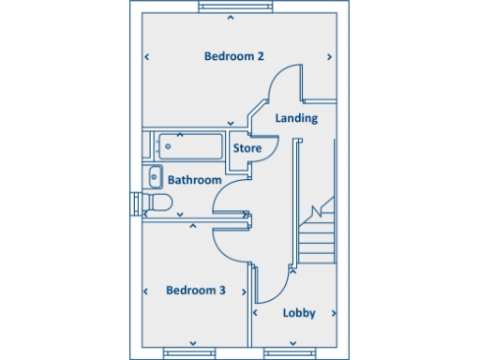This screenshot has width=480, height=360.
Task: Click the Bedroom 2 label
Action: coord(233,56)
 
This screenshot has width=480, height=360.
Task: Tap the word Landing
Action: coord(296,118)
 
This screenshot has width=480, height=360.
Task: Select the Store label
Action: coord(247,148)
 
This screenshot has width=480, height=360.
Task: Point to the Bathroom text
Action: coord(194,179)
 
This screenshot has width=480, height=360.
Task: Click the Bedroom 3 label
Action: coord(195,291)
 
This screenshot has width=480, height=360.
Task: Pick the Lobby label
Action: coord(298,313)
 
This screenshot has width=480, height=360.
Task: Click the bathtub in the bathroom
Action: coord(191,147)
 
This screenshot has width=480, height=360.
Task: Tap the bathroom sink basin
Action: coord(155,175)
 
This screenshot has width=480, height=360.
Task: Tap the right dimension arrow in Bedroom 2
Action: coord(329,57)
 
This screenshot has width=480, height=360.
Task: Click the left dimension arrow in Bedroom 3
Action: coord(147,292)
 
